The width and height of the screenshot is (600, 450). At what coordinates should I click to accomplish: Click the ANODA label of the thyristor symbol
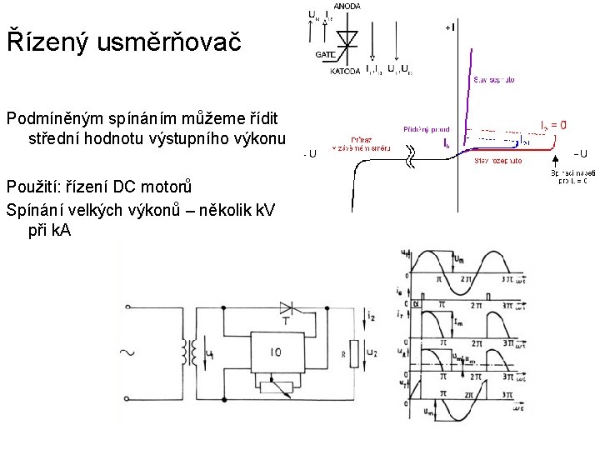click(x=347, y=6)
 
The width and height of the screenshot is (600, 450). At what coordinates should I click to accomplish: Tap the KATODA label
click(x=345, y=72)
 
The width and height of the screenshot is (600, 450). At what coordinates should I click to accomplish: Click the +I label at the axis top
click(x=449, y=27)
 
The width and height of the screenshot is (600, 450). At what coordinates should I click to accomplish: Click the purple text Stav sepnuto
click(x=494, y=80)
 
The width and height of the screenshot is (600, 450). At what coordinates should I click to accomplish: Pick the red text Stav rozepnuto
click(x=498, y=160)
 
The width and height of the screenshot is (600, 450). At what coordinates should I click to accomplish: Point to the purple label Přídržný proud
click(x=427, y=129)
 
